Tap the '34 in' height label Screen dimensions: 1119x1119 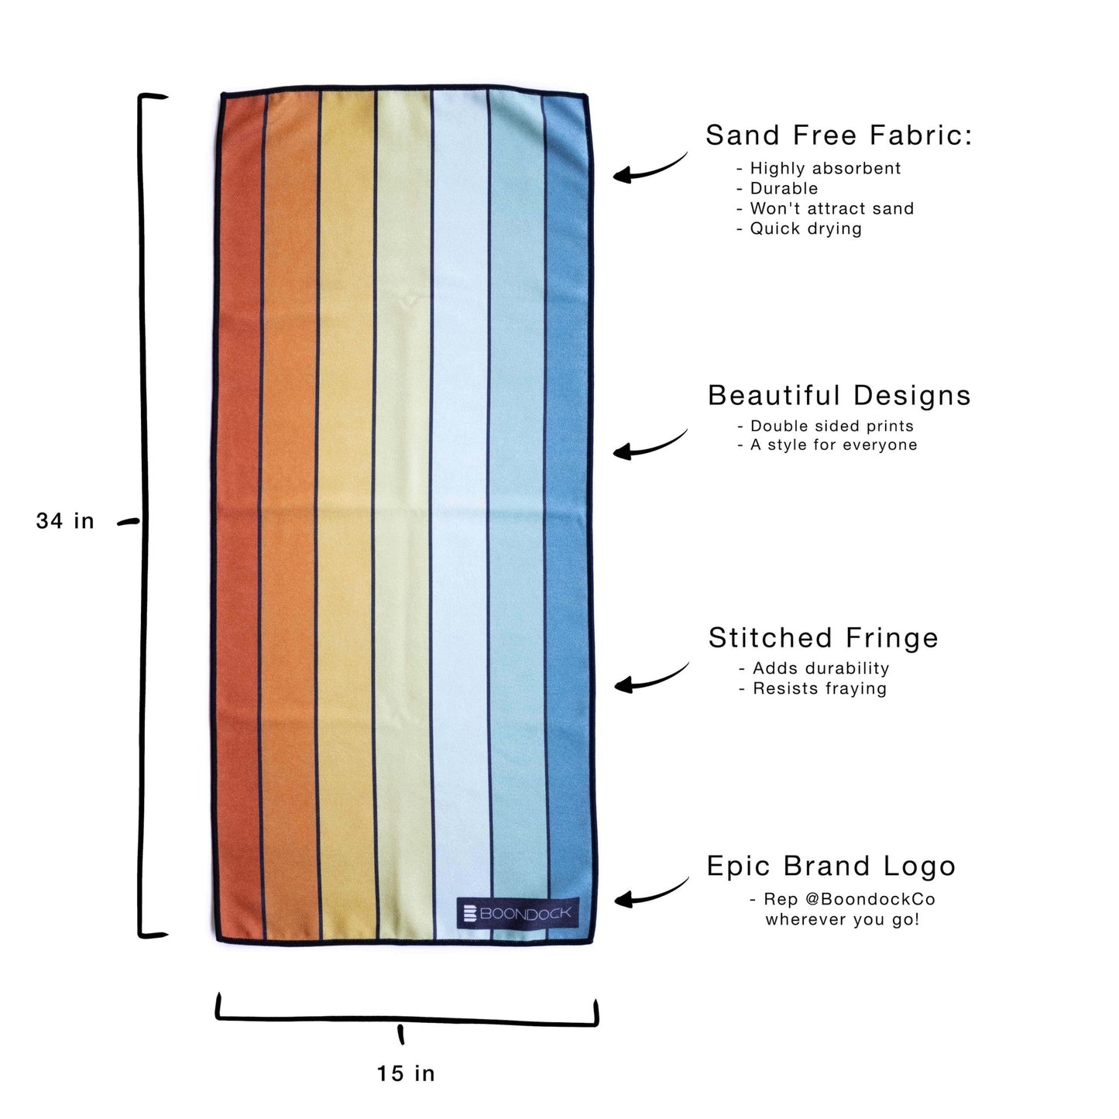65,521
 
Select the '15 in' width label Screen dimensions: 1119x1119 406,1073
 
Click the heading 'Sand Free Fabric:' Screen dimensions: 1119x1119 839,136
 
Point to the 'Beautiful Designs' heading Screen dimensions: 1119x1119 839,396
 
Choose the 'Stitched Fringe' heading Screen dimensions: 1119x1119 823,638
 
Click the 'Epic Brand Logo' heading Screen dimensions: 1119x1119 831,867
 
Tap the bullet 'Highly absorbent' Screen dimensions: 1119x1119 825,168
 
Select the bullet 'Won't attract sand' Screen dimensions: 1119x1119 831,208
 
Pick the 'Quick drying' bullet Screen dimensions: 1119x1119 805,228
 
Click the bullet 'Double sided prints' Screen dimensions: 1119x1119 831,426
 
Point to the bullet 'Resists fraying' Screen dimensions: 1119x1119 819,688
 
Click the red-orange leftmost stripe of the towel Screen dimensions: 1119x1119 239,519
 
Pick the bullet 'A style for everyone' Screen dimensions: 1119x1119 833,445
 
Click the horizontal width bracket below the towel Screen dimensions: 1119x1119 406,1021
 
